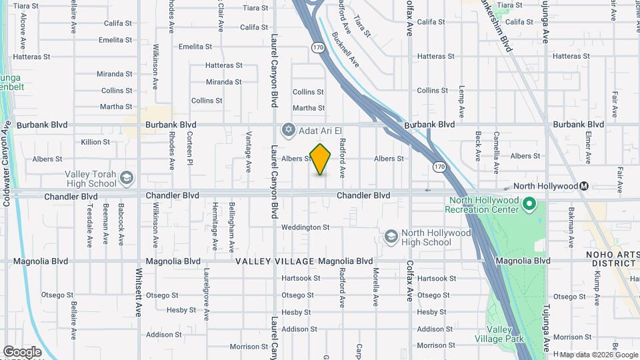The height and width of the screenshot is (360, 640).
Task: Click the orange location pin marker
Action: click(321, 159)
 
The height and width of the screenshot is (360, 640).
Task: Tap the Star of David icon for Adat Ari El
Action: click(288, 129)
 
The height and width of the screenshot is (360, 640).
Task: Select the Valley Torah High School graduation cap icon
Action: click(126, 178)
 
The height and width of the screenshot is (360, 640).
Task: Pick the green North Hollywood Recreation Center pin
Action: click(529, 203)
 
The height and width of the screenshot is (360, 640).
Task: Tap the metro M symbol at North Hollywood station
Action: click(584, 186)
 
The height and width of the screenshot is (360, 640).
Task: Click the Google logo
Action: click(22, 351)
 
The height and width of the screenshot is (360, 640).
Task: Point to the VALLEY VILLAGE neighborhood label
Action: click(275, 261)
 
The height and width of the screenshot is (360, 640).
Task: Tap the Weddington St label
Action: click(305, 227)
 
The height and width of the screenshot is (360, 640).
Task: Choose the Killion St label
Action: click(95, 142)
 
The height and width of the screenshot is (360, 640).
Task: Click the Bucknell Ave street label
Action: click(345, 50)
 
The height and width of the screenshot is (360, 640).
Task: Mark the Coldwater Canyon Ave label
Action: click(7, 163)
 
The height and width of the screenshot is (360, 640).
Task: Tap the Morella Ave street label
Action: click(376, 285)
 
